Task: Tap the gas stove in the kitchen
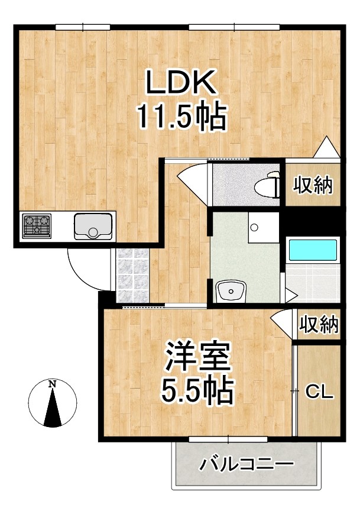(37, 225)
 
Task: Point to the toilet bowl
(267, 186)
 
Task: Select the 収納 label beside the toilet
(313, 185)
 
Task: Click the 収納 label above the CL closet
(318, 324)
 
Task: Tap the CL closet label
(319, 391)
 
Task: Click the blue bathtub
(312, 250)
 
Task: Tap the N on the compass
(53, 384)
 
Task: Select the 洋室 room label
(197, 357)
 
